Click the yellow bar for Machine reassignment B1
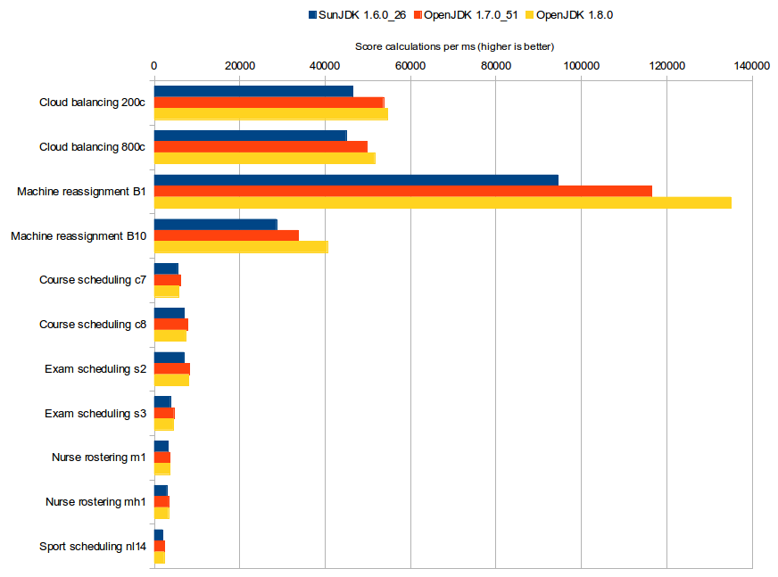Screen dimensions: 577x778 (443, 202)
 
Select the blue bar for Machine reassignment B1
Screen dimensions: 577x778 (356, 180)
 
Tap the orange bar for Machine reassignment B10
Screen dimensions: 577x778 (227, 235)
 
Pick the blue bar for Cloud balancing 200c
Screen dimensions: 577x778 (253, 91)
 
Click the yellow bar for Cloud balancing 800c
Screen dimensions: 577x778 (265, 158)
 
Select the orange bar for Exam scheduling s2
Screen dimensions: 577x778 (172, 368)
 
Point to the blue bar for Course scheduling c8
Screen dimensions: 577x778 (170, 313)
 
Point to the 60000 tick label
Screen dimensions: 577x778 (410, 65)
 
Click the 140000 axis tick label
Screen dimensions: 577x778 (751, 65)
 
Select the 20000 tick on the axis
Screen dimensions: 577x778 (239, 65)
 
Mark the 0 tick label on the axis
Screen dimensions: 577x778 (154, 65)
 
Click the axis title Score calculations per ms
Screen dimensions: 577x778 (455, 46)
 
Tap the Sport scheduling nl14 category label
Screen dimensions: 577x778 (93, 547)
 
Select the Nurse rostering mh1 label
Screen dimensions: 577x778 (95, 502)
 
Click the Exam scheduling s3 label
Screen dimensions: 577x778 (95, 413)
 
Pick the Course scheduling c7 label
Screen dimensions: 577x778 (93, 280)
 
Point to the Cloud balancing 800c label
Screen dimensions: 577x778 (93, 146)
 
